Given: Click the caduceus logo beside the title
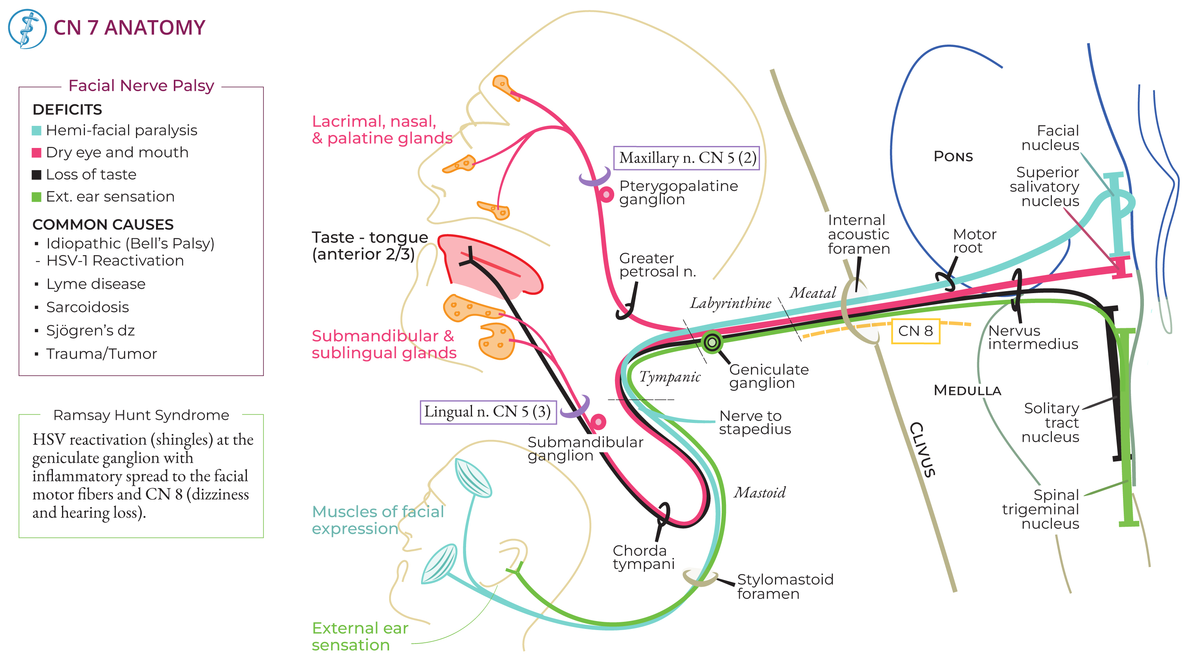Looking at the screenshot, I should pos(27,29).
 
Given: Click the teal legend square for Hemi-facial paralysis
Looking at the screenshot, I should pos(36,131).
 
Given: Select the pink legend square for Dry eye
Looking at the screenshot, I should pos(36,153).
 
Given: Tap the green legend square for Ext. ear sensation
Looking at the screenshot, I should pos(36,197).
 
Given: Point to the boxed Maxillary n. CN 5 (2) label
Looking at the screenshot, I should pos(687,158).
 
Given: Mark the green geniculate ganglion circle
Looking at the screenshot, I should pos(712,342).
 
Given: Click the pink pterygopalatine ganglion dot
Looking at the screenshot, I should pos(606,195).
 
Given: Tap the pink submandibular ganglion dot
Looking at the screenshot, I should pos(598,421).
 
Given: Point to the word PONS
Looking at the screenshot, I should pos(953,157).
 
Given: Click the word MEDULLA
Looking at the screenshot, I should pos(967,391).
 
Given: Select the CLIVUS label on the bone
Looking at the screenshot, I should pos(922,449).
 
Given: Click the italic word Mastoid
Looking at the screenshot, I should pos(760,493).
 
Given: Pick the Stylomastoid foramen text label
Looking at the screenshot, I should pos(785,586).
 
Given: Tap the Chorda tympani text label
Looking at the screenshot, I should pos(643,557).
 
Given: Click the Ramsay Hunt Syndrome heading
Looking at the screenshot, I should pos(141,415).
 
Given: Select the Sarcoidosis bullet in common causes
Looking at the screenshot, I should pos(87,307).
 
